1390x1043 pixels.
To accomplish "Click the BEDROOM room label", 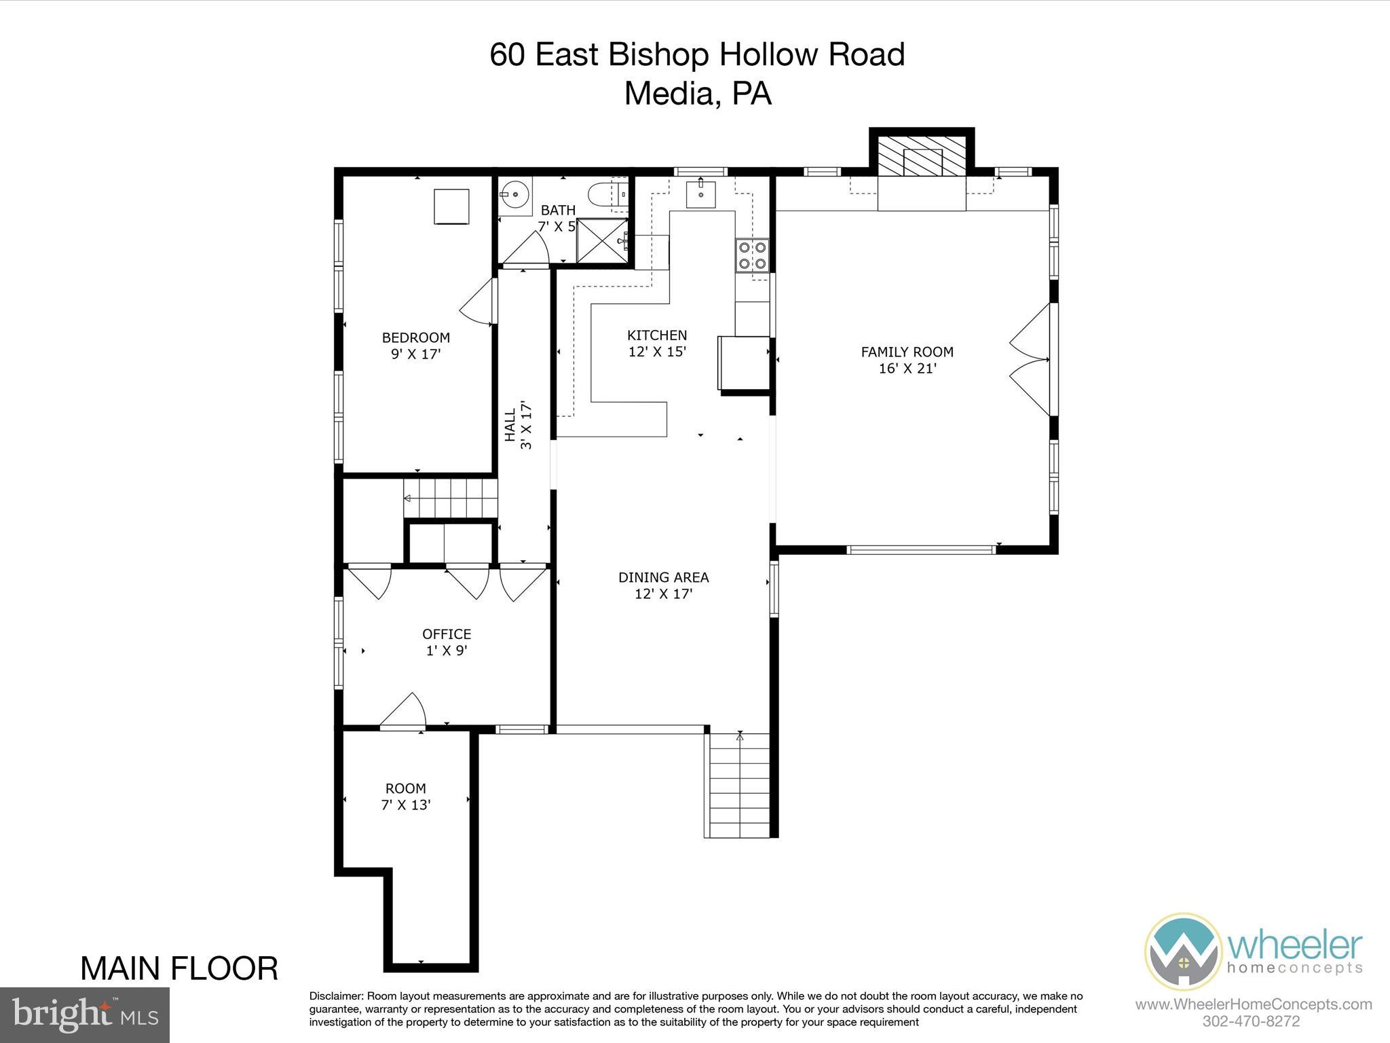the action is coord(415,337).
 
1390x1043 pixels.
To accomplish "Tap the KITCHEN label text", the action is coord(657,335).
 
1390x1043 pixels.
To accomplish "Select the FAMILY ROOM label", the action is coord(907,352).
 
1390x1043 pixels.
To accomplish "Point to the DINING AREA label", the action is coord(663,577).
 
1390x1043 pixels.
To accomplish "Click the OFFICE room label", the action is coord(447,634).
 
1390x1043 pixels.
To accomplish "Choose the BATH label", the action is coord(558,211).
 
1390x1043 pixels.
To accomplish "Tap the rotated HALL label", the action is coord(510,425).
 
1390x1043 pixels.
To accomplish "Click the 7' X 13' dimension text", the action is coord(406,805).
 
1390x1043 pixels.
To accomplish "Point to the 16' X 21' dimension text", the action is coord(907,369).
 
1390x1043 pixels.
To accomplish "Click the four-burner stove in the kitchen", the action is coord(753,255).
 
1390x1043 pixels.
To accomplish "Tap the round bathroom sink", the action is coord(516,196).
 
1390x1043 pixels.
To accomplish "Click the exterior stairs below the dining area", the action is coord(736,786).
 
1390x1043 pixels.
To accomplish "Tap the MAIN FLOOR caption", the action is coord(179,968).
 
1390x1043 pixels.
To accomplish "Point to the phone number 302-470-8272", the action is coord(1251,1021).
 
